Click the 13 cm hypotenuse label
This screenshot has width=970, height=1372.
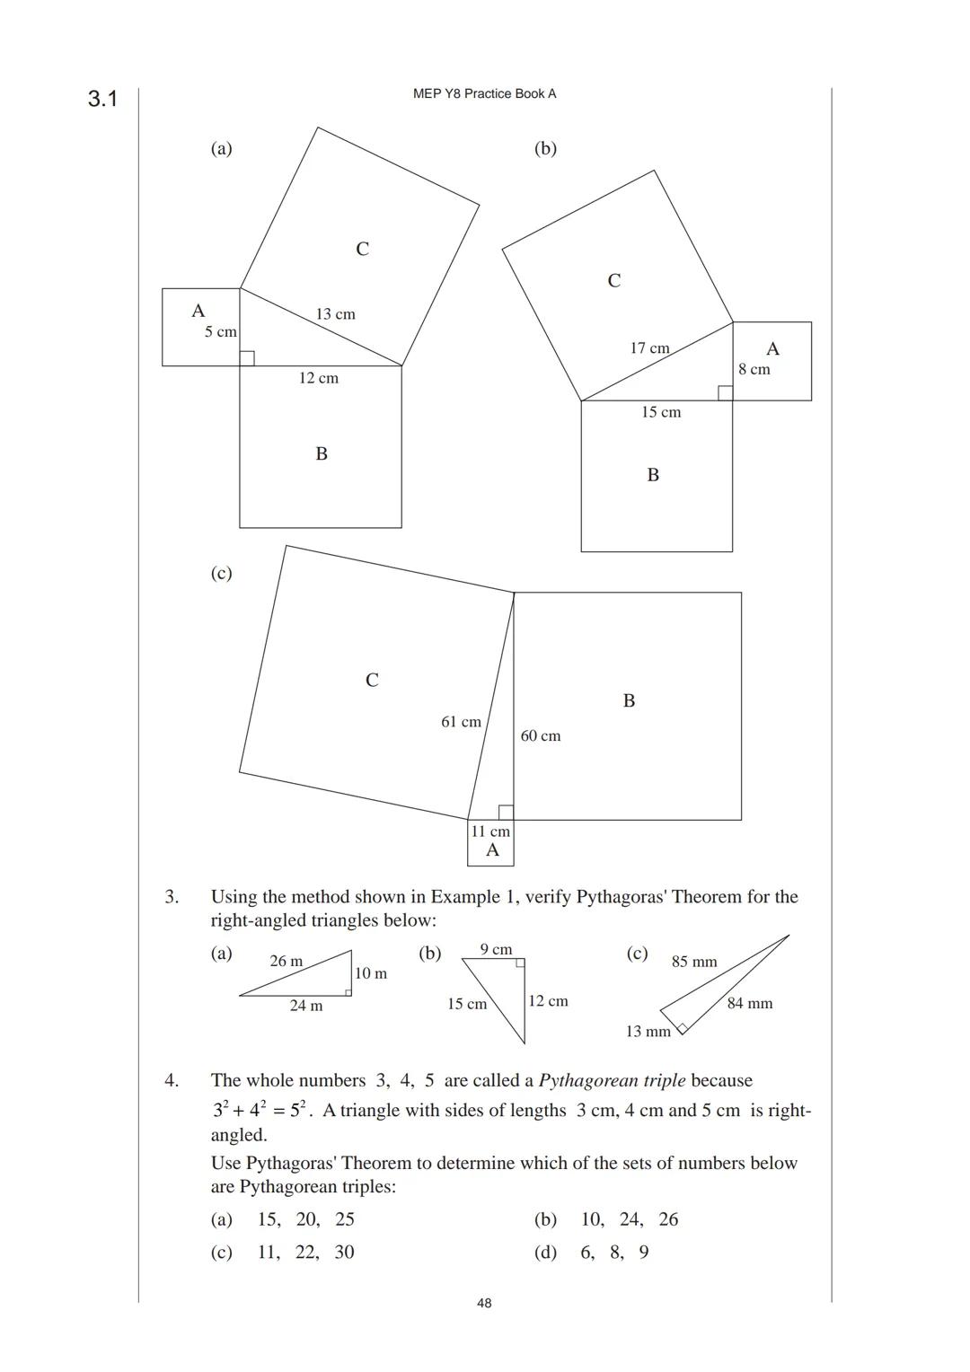pyautogui.click(x=335, y=314)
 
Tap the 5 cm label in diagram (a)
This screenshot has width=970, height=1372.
pyautogui.click(x=220, y=332)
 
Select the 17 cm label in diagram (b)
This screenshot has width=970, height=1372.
pyautogui.click(x=649, y=348)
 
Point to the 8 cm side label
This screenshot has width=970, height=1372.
pyautogui.click(x=754, y=369)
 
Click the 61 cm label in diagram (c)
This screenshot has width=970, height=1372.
pyautogui.click(x=461, y=722)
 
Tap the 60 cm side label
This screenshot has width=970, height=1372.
pyautogui.click(x=540, y=736)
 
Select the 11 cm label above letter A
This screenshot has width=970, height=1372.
pyautogui.click(x=490, y=831)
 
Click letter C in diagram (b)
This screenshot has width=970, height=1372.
pyautogui.click(x=614, y=281)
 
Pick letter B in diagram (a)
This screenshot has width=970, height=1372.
pyautogui.click(x=322, y=454)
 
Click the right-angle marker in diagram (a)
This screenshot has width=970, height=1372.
pyautogui.click(x=247, y=358)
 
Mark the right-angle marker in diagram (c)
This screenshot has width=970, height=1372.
pyautogui.click(x=506, y=813)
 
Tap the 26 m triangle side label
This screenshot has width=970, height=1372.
pyautogui.click(x=287, y=962)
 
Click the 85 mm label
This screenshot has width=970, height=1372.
pyautogui.click(x=694, y=963)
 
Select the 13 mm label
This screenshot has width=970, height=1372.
pyautogui.click(x=648, y=1032)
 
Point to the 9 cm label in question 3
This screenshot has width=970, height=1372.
pyautogui.click(x=496, y=949)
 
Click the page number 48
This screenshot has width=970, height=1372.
pyautogui.click(x=484, y=1303)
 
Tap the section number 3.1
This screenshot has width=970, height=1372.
pyautogui.click(x=102, y=99)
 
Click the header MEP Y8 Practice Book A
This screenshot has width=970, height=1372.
pyautogui.click(x=484, y=93)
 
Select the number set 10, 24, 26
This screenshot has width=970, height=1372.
pyautogui.click(x=629, y=1219)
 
